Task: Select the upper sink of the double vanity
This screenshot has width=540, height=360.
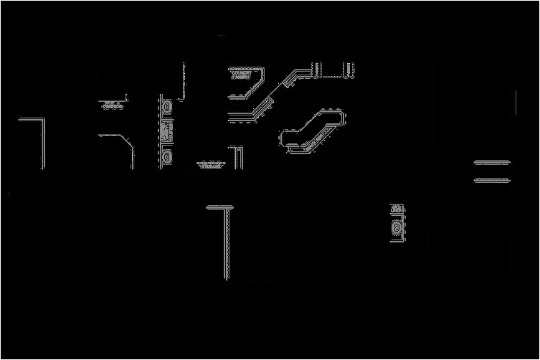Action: [167, 107]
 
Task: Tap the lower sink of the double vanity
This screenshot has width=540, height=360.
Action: [167, 155]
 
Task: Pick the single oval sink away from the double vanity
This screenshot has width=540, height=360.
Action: [397, 227]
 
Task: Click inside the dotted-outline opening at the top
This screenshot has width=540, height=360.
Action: [335, 69]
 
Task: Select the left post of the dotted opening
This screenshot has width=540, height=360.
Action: [317, 69]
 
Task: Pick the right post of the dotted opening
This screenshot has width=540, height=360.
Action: [353, 69]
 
